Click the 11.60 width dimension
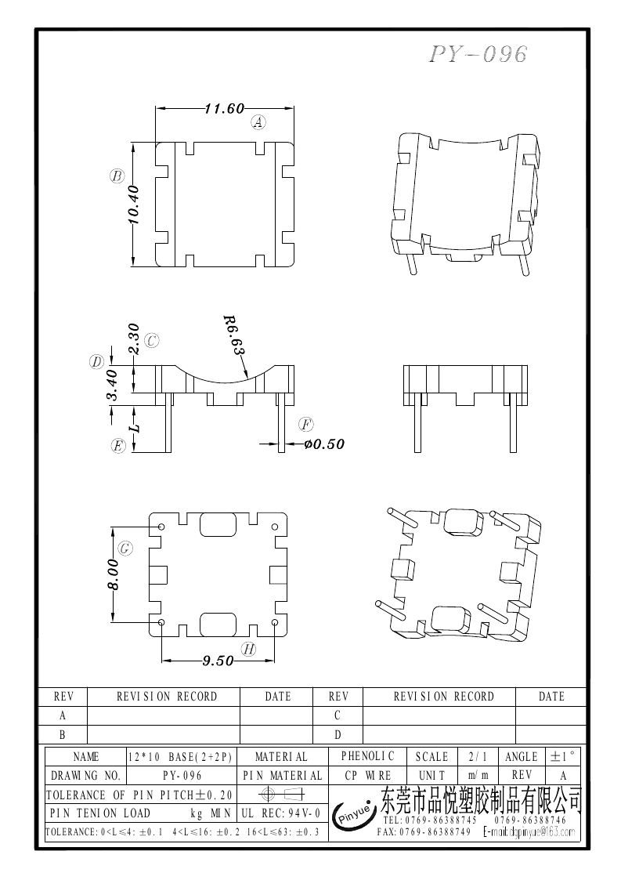225,109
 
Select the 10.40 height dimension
132,205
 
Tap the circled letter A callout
258,122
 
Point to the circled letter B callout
117,176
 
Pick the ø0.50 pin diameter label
323,444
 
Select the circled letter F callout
306,425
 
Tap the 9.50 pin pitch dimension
218,661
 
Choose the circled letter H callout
248,649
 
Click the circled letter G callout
125,548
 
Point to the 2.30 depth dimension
132,339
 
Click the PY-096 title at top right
478,54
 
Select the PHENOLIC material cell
368,756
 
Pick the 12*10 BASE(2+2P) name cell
181,756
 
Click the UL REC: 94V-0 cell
281,814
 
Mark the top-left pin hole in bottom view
161,527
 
